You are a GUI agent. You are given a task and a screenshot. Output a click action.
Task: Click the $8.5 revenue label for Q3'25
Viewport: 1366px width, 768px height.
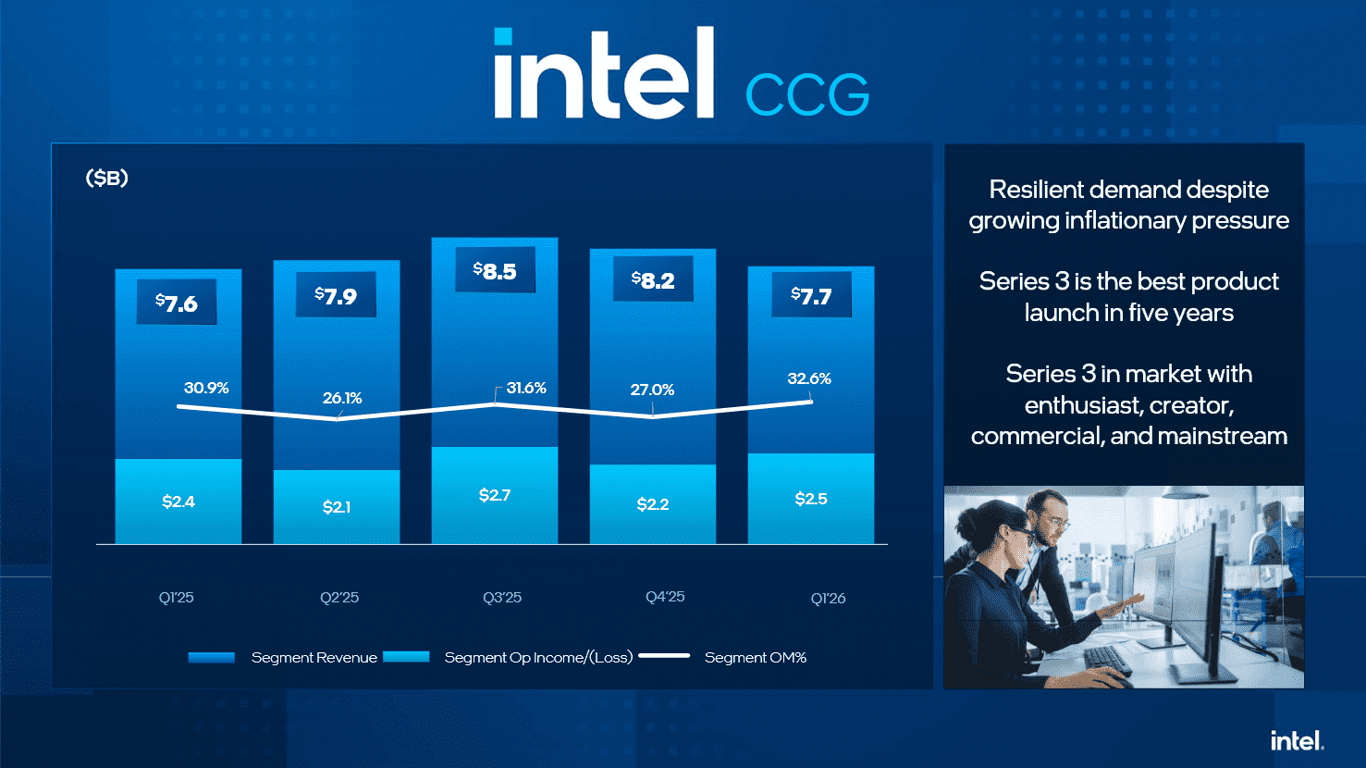pos(495,271)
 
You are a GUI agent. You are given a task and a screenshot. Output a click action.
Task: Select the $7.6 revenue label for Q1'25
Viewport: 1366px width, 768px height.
pos(177,303)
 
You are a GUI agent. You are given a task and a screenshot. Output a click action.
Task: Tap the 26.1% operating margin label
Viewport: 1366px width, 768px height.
pos(342,398)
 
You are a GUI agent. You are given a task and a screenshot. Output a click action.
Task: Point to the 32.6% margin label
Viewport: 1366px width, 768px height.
pos(809,378)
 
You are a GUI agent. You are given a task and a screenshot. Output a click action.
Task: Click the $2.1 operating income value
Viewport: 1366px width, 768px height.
pos(337,507)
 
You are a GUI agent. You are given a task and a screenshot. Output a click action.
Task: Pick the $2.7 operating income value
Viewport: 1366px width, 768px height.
pos(495,495)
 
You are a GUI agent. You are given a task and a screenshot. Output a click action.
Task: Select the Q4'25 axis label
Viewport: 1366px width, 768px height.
pos(665,597)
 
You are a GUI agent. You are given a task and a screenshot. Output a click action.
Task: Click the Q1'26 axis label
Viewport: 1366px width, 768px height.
pos(828,598)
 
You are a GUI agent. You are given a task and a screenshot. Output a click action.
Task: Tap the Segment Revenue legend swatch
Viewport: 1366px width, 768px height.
pos(211,657)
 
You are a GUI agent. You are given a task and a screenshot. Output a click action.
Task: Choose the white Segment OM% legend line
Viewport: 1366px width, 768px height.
pos(664,656)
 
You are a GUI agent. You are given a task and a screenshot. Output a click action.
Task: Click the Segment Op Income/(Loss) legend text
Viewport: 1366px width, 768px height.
pos(538,657)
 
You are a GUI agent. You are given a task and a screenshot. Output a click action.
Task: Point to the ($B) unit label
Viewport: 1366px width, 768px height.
pos(106,178)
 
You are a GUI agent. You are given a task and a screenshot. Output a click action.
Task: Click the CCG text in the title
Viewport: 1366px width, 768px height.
pos(806,94)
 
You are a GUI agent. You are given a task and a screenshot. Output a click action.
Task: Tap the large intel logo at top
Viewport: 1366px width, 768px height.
pos(604,74)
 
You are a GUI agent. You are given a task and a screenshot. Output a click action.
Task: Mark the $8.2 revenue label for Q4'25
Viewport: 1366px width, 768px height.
pos(653,280)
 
